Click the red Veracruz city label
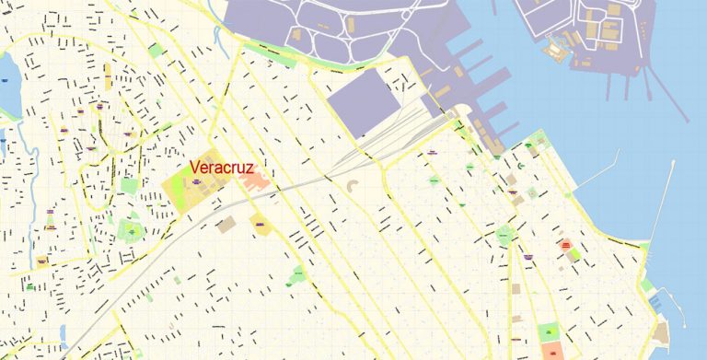221,168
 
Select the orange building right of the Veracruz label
257,179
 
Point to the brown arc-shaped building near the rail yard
353,190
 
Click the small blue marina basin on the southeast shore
655,300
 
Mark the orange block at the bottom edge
555,351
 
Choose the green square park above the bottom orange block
549,331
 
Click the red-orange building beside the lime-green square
565,246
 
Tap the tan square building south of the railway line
225,224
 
